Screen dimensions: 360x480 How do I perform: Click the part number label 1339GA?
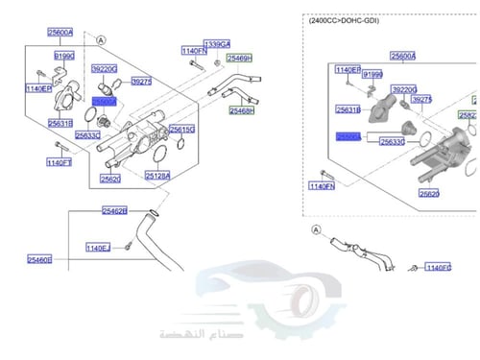218,44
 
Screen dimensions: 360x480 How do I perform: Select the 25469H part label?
240,59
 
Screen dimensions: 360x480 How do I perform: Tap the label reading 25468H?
241,110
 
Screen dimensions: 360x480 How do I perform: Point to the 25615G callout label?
182,129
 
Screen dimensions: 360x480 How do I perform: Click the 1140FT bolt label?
60,162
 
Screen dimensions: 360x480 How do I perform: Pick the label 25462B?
115,209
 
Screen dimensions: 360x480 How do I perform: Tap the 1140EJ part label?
98,248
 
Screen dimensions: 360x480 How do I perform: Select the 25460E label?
39,259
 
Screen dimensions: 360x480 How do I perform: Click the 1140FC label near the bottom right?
439,268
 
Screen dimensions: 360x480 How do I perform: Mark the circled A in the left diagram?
102,40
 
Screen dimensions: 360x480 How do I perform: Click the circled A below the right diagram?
315,230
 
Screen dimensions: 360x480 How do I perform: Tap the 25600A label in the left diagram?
60,32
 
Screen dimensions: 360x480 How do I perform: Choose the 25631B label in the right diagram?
348,110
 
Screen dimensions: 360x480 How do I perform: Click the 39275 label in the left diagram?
142,82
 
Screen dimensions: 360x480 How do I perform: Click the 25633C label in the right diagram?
392,141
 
